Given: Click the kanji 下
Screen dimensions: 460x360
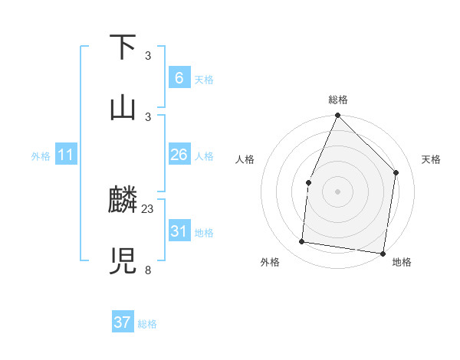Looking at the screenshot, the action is (x=123, y=47).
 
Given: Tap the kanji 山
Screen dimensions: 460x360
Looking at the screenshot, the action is (x=123, y=107).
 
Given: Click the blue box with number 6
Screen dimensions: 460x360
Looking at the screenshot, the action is (x=179, y=77).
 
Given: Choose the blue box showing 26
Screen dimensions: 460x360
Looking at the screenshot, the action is (x=179, y=155).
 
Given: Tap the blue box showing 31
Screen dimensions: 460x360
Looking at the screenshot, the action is (x=179, y=231).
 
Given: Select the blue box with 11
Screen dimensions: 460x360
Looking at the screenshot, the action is (x=65, y=155).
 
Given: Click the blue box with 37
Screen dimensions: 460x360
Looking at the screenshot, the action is (x=122, y=322).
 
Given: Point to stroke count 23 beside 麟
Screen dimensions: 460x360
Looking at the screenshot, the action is (x=148, y=208).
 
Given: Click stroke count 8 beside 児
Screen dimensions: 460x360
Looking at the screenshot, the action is (x=148, y=269).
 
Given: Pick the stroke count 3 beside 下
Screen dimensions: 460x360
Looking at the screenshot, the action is (x=148, y=55).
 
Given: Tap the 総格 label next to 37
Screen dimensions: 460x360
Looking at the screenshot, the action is (x=147, y=324).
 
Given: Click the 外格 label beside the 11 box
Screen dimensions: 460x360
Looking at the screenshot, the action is (x=41, y=156).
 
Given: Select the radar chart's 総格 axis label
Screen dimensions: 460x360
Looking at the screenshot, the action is (x=337, y=100).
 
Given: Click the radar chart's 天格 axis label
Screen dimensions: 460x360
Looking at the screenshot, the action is (x=431, y=159).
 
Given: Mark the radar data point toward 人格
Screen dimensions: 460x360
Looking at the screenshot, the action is (x=308, y=182).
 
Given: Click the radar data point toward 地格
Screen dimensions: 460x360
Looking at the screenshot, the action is (x=383, y=253).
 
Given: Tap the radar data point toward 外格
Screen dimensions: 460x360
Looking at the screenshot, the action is (x=302, y=242).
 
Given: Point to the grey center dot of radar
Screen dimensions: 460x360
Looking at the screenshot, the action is (x=337, y=191).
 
